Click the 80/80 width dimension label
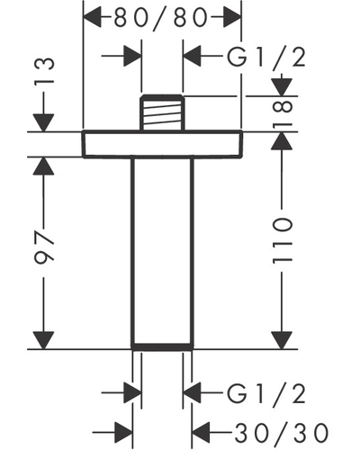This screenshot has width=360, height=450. point(160,18)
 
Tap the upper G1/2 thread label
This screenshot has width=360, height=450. point(266,57)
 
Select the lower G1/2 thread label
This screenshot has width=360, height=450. point(266,393)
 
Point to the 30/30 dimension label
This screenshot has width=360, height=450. point(281,433)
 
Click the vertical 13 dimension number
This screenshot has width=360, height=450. point(44,71)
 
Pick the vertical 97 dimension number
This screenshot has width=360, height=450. point(44,246)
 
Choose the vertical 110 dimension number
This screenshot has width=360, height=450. point(282,241)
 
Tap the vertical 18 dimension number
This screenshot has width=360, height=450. point(282,113)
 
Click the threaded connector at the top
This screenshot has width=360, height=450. point(162,112)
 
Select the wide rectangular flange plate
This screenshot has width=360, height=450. point(162,144)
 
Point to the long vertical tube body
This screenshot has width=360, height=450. point(162,251)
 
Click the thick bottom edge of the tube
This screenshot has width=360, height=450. point(162,346)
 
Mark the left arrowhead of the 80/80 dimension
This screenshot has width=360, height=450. point(93,18)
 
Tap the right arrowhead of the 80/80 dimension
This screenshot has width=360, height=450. point(231,18)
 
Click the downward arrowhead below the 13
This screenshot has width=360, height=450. point(44,122)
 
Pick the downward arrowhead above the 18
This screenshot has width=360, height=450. point(282,87)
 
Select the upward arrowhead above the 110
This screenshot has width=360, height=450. point(282,141)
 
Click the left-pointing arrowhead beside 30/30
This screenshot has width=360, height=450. point(201,433)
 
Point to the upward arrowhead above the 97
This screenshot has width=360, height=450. point(44,166)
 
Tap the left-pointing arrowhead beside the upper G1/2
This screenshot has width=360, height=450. point(192,56)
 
